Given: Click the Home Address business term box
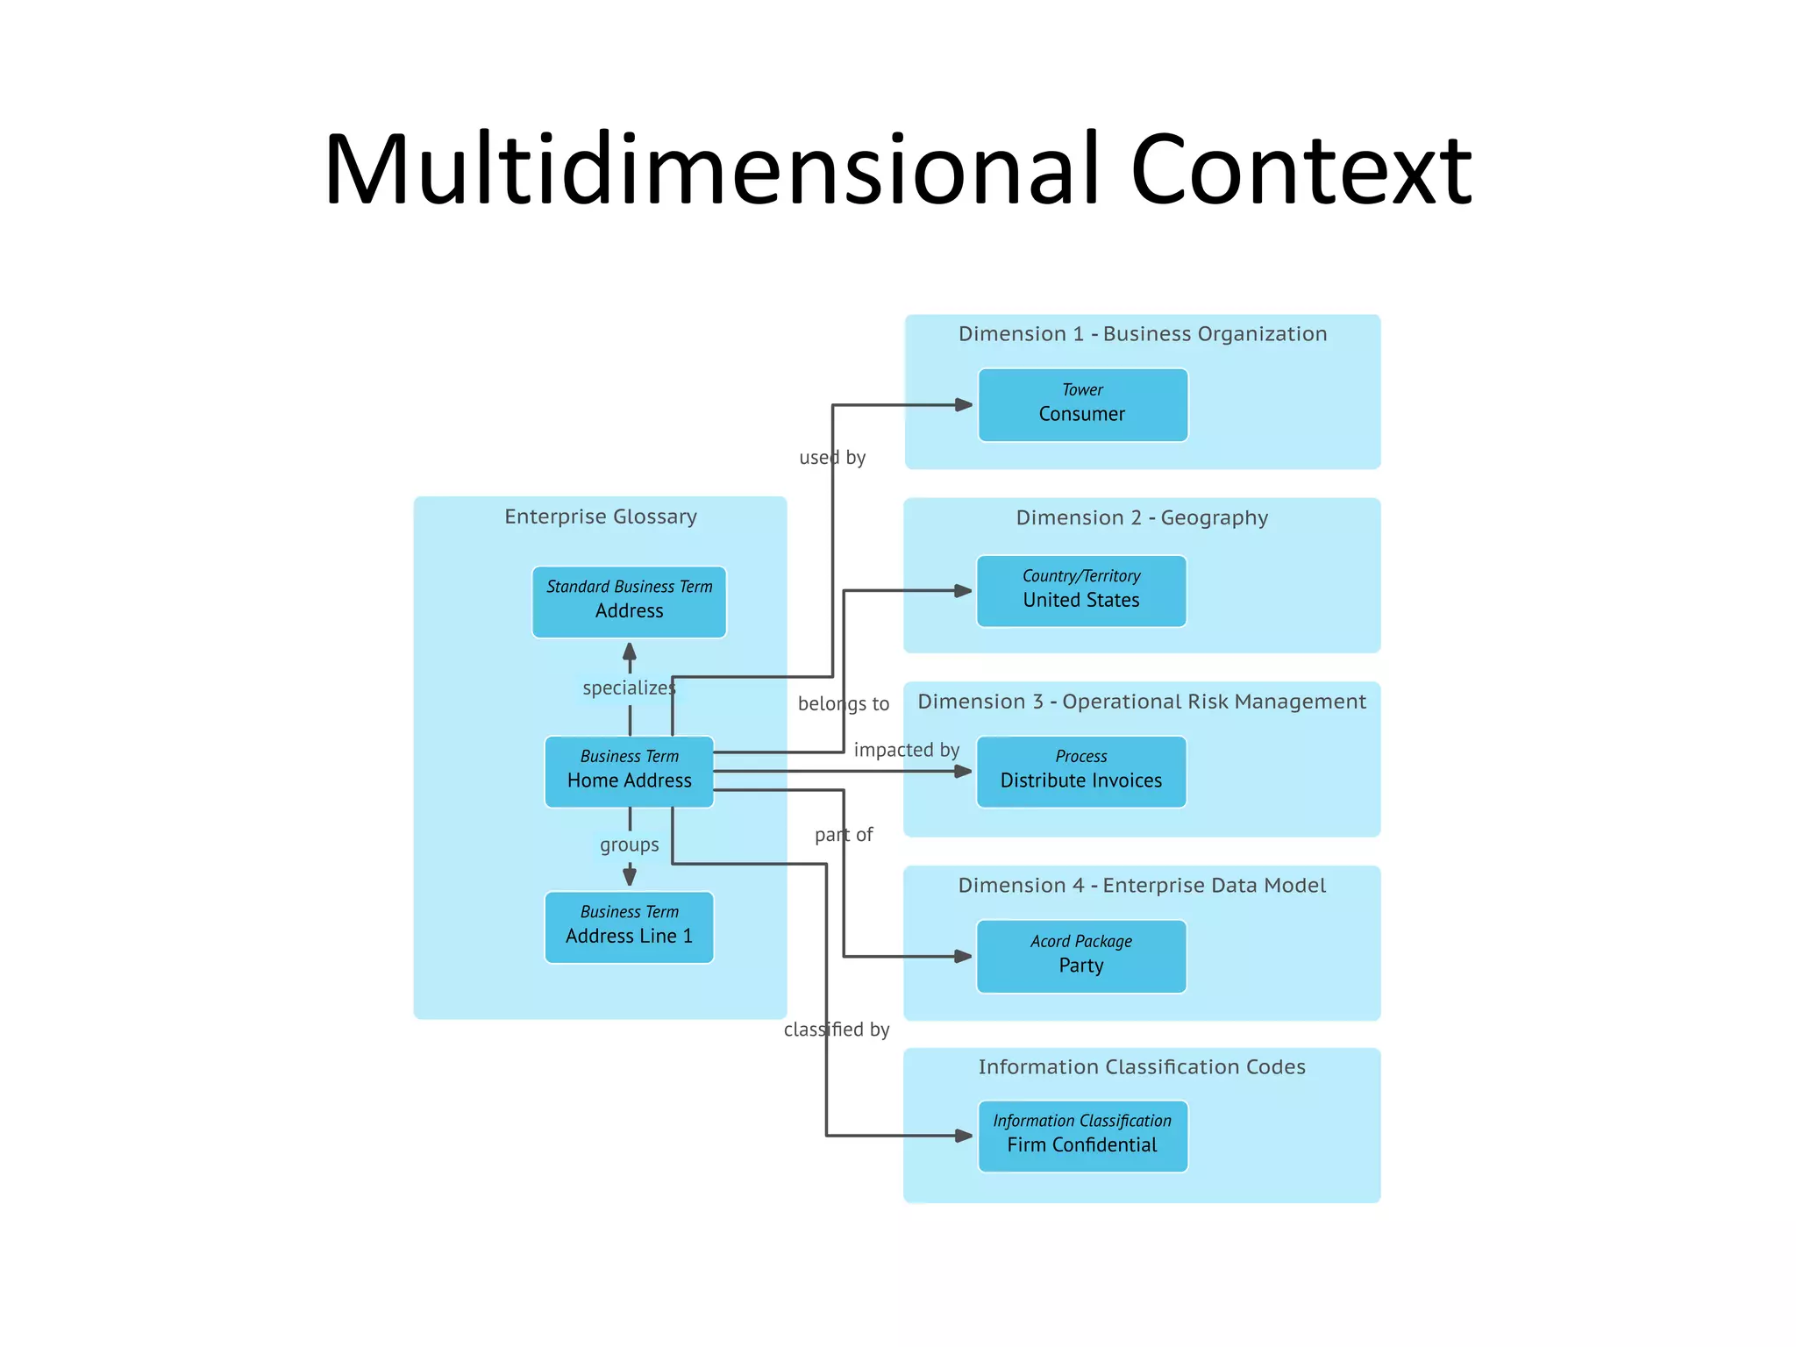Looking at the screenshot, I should (x=629, y=771).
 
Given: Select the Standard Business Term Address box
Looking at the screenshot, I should (x=629, y=602).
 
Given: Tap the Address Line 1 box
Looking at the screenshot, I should (x=629, y=927).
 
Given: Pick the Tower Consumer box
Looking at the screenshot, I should (x=1082, y=404).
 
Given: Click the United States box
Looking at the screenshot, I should (x=1080, y=590).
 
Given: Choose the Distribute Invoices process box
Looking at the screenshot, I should (x=1080, y=771).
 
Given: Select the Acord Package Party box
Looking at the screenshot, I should (x=1080, y=956).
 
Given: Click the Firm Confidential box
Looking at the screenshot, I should (x=1082, y=1136).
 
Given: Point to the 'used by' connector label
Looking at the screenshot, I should (x=832, y=457).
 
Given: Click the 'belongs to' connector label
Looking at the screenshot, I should (x=843, y=703).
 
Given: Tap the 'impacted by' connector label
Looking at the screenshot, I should (x=906, y=750).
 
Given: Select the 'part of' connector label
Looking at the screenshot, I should (x=844, y=835).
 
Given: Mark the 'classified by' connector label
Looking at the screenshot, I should (x=837, y=1030).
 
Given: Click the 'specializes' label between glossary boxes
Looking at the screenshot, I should (x=629, y=688).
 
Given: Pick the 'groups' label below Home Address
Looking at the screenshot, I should (x=629, y=845).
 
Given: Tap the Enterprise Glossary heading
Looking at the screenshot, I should (x=601, y=517).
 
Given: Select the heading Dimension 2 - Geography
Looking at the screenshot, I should (x=1141, y=517).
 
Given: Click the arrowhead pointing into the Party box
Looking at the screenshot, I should (x=963, y=956).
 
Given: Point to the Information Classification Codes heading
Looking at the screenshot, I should (x=1141, y=1066).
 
